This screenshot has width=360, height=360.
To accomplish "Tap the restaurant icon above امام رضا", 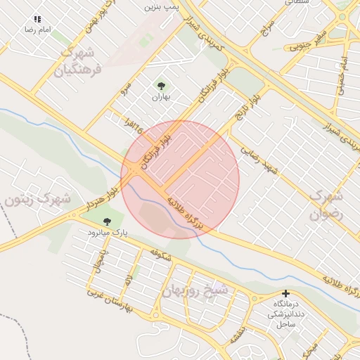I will (37, 20).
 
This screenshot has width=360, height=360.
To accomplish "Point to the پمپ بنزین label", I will (160, 6).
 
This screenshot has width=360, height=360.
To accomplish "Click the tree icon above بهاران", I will (162, 86).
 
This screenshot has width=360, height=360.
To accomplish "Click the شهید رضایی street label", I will (259, 161).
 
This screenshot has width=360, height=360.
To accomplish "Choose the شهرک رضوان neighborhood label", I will (326, 203).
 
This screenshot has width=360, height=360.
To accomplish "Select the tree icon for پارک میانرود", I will (107, 221).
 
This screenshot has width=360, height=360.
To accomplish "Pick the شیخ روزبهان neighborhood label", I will (195, 290).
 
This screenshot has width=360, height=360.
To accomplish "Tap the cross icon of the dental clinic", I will (285, 293).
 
